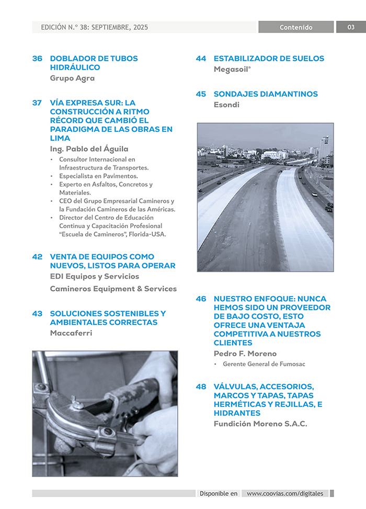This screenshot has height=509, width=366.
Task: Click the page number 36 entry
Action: [37, 59]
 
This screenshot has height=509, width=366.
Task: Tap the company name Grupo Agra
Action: [72, 78]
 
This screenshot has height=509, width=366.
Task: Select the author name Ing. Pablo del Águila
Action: [89, 149]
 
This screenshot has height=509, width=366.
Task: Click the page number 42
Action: [37, 257]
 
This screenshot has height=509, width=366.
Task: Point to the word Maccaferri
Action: [71, 333]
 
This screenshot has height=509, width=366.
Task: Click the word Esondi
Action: [226, 105]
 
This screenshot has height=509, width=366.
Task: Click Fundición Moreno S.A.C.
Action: [260, 424]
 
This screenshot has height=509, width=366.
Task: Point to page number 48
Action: [201, 387]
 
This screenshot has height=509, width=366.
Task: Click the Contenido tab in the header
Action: [296, 27]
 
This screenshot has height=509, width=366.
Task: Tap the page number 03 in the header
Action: [351, 27]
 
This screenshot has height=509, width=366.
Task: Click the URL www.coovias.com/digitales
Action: [285, 493]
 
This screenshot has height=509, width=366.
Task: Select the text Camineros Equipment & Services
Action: [113, 289]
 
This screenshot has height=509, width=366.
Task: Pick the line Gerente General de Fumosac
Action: [264, 364]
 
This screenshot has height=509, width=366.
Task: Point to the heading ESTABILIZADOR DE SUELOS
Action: [269, 59]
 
